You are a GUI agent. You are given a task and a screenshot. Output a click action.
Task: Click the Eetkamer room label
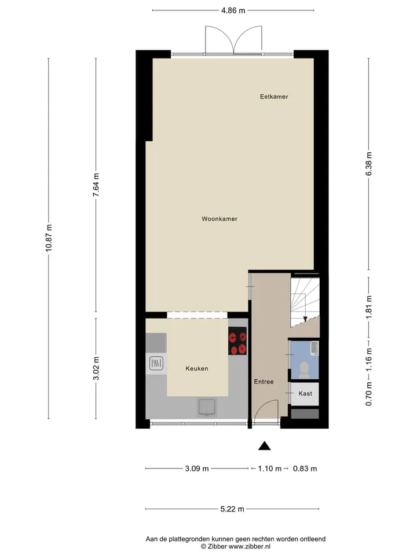point(274,97)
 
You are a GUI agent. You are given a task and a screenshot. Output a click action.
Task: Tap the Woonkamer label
point(220,219)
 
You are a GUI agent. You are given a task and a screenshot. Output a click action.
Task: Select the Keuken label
point(197,368)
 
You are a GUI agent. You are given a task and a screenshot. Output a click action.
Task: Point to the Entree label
point(264,382)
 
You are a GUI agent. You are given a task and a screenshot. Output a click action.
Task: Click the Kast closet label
point(305,393)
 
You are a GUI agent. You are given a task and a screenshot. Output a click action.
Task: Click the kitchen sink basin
point(207,407)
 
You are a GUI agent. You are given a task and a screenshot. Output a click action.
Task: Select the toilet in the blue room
point(304,370)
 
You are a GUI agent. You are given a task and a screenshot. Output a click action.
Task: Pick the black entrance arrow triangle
point(264,446)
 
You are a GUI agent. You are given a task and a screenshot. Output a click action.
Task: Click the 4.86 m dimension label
point(233,10)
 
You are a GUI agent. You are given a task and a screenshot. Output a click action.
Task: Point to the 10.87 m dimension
point(49,238)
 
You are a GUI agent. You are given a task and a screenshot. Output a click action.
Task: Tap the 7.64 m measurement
point(96,185)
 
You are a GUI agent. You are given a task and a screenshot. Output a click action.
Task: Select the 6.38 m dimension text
point(369,163)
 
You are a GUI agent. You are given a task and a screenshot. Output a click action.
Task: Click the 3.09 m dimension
point(197,469)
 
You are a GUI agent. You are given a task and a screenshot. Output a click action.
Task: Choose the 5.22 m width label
point(232,509)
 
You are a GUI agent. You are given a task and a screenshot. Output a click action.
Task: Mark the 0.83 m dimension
point(305,469)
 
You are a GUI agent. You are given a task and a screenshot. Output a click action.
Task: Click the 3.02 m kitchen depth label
point(96,368)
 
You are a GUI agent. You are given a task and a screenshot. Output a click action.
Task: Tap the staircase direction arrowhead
point(305,319)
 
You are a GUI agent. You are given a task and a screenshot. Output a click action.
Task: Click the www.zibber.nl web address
point(249,546)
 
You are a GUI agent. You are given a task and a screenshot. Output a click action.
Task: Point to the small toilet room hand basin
point(314,348)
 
